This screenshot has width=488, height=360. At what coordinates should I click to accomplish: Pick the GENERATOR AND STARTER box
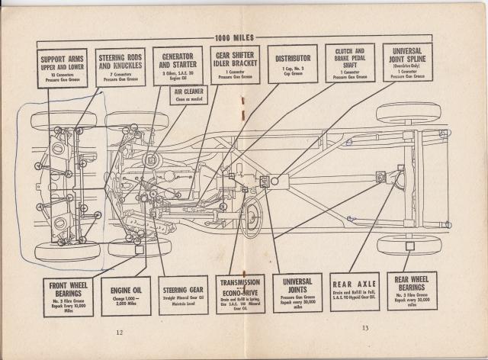[177, 66]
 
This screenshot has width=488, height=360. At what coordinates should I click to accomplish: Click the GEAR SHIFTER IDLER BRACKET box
[233, 66]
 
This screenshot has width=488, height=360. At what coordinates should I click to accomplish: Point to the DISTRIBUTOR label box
[293, 64]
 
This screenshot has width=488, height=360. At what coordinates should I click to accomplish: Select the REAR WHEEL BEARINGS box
[412, 291]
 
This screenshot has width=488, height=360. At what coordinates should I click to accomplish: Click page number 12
[119, 332]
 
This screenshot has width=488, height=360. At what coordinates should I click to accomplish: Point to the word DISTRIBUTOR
[293, 57]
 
